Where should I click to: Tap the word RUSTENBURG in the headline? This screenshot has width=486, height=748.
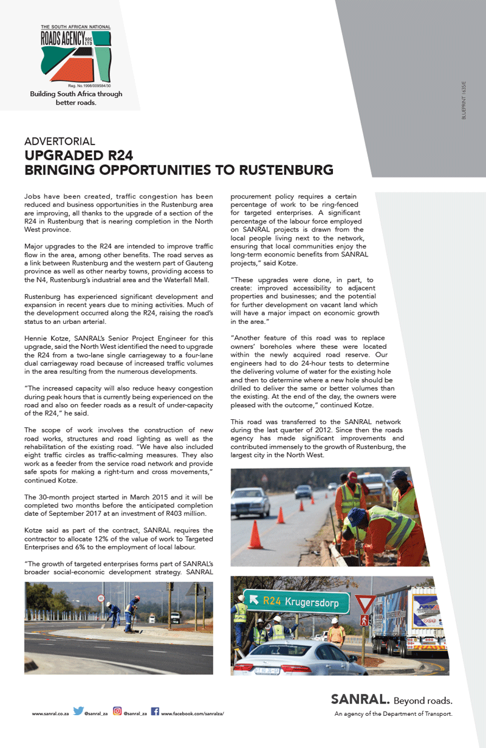pyautogui.click(x=286, y=170)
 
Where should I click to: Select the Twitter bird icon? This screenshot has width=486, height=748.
pyautogui.click(x=78, y=711)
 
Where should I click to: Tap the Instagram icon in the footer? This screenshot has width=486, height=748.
pyautogui.click(x=117, y=711)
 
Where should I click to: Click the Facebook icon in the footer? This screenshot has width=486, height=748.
pyautogui.click(x=155, y=711)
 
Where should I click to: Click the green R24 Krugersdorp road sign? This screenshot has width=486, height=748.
pyautogui.click(x=296, y=602)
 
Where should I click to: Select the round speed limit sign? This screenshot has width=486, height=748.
pyautogui.click(x=101, y=598)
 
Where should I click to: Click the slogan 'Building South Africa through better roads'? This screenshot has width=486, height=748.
pyautogui.click(x=76, y=98)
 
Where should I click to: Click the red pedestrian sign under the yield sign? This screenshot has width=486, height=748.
pyautogui.click(x=364, y=620)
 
